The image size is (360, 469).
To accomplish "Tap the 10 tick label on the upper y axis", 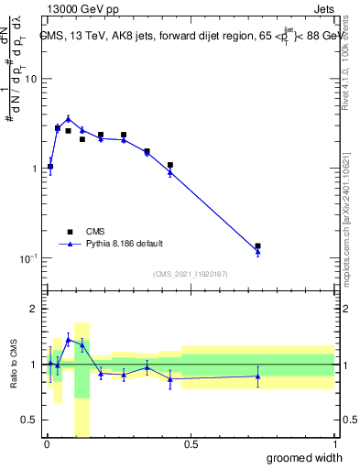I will pos(30,79).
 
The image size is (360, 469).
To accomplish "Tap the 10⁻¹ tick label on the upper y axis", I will pos(28,258).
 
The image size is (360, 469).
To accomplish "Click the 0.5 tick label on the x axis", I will pos(190,445).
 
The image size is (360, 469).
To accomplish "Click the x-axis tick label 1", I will pos(334,445).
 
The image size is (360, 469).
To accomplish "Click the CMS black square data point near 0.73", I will pos(257,246).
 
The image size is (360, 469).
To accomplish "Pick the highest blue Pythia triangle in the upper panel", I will pos(68,118).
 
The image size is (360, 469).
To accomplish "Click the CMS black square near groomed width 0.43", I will pos(170,165).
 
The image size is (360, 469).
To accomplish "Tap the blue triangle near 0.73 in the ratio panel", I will pos(257,376).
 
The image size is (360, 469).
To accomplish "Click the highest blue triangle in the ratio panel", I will pos(68,339).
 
